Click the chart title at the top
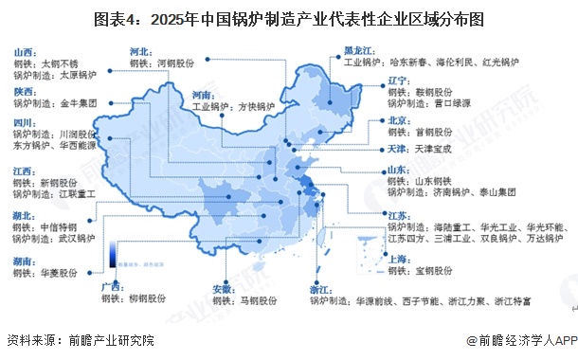(x=288, y=18)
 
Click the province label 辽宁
(x=401, y=81)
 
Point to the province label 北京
(x=401, y=120)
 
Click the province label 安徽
(x=224, y=287)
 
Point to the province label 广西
(x=113, y=283)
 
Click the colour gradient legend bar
(x=113, y=254)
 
